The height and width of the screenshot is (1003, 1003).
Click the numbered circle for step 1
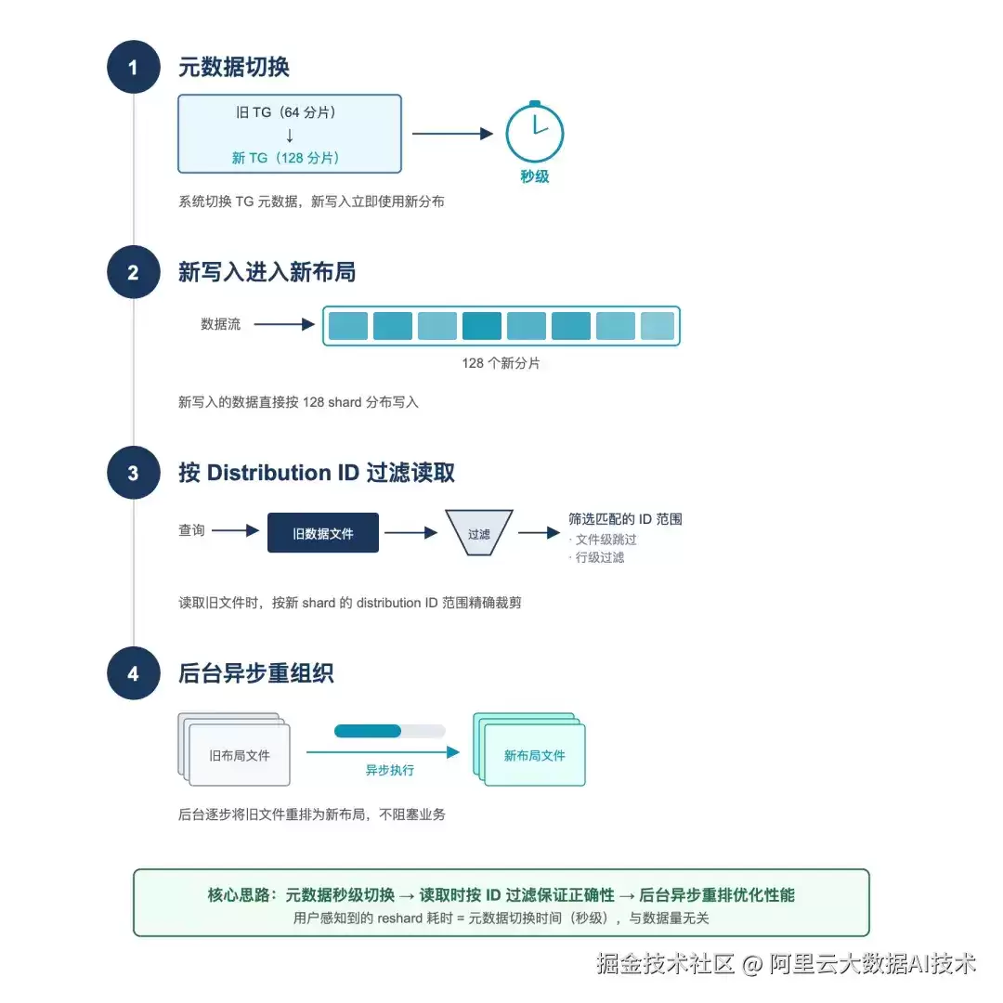coord(133,67)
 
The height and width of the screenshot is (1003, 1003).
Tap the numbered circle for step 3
coord(133,473)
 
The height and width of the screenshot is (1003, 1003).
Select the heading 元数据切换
coord(233,67)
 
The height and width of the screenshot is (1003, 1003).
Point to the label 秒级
coord(535,176)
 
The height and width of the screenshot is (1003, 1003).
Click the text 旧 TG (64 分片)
coord(286,112)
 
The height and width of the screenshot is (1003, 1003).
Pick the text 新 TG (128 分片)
coord(285,158)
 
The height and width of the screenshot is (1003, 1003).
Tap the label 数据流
coord(221,324)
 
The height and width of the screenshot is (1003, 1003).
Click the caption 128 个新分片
coord(501,363)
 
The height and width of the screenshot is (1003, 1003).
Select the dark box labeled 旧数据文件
coord(323,533)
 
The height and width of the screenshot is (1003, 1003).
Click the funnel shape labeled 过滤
coord(479,532)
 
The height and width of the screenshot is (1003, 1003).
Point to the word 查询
coord(191,530)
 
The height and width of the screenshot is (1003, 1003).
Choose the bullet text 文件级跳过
coord(606,540)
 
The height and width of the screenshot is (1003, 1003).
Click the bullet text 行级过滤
coord(599,558)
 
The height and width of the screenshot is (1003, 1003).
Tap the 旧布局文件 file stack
coord(234,749)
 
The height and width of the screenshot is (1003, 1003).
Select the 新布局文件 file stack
coord(529,749)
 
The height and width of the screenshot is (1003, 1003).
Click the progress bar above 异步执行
coord(389,731)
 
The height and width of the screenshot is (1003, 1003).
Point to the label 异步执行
coord(389,770)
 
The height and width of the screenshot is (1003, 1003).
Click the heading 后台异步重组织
coord(256,673)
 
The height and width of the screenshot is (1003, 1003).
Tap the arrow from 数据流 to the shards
coord(285,324)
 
